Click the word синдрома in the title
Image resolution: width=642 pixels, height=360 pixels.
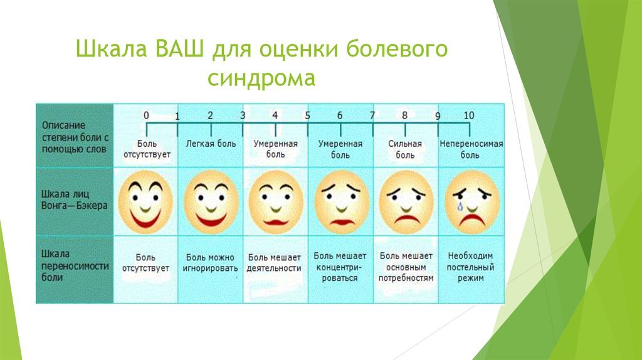point(261,80)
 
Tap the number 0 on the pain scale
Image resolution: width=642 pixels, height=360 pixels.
point(146,115)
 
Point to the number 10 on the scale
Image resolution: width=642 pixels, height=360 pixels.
point(468,115)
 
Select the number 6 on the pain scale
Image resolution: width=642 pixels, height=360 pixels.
point(340,115)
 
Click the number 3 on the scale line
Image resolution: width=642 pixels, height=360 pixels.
point(243,115)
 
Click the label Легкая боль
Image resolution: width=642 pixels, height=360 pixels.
point(211,144)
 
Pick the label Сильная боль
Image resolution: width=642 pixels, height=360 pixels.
point(405,149)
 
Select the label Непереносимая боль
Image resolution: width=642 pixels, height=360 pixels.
point(471,149)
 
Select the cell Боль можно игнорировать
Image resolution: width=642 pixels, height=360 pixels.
point(211,263)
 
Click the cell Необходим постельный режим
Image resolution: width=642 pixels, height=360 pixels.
point(471,267)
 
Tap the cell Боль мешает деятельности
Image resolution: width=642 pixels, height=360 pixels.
point(275,263)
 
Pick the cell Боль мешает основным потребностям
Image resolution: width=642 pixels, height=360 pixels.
point(406,267)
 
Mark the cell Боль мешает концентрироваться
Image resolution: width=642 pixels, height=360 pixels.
point(340,267)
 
